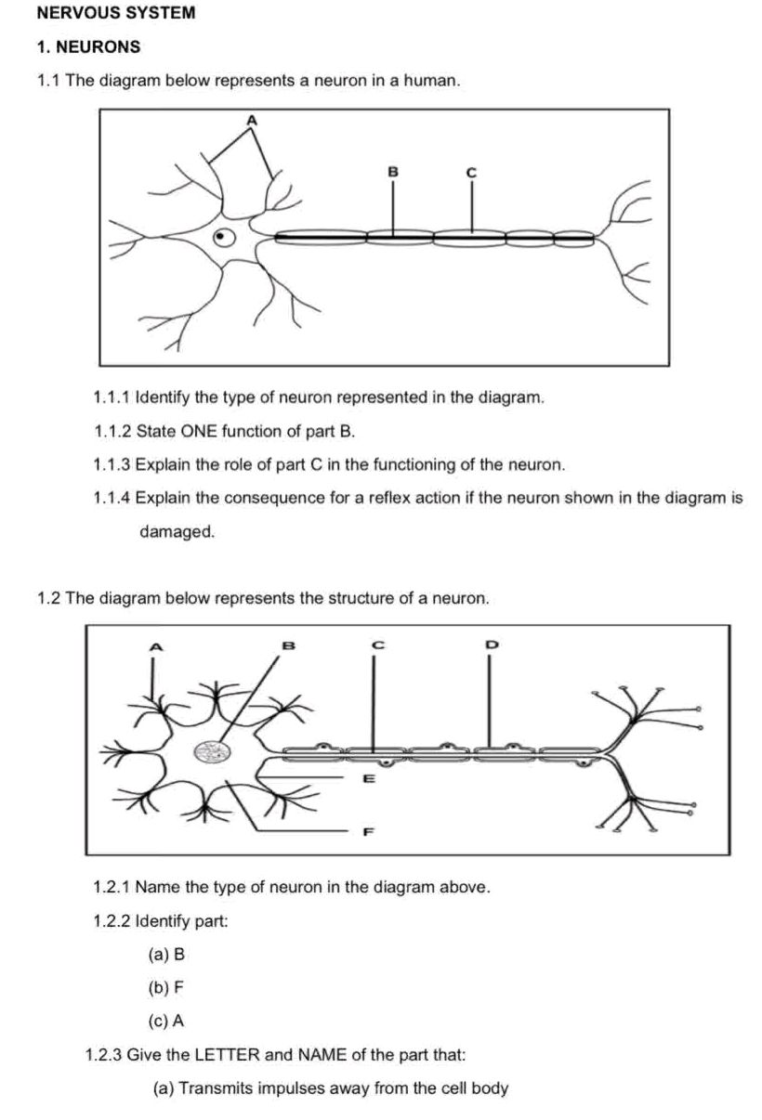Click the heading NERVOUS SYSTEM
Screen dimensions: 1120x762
116,14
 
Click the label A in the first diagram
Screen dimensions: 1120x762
249,120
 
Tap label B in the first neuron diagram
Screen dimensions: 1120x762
392,171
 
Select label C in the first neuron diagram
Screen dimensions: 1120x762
470,172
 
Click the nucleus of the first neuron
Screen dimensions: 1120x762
222,238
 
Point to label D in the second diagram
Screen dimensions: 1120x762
492,643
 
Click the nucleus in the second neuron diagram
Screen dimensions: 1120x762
212,752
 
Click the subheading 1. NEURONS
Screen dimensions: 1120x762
89,46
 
